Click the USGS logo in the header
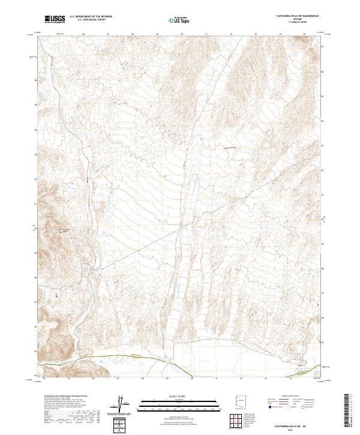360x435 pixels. point(55,20)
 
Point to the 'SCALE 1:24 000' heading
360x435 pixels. point(165,396)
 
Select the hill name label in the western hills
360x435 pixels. point(64,229)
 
